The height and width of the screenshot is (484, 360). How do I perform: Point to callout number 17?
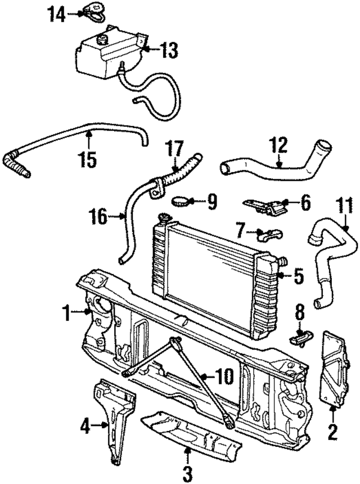(174, 151)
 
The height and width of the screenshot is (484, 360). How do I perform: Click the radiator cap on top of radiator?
(165, 217)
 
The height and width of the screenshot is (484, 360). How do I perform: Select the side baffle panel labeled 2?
(331, 369)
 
